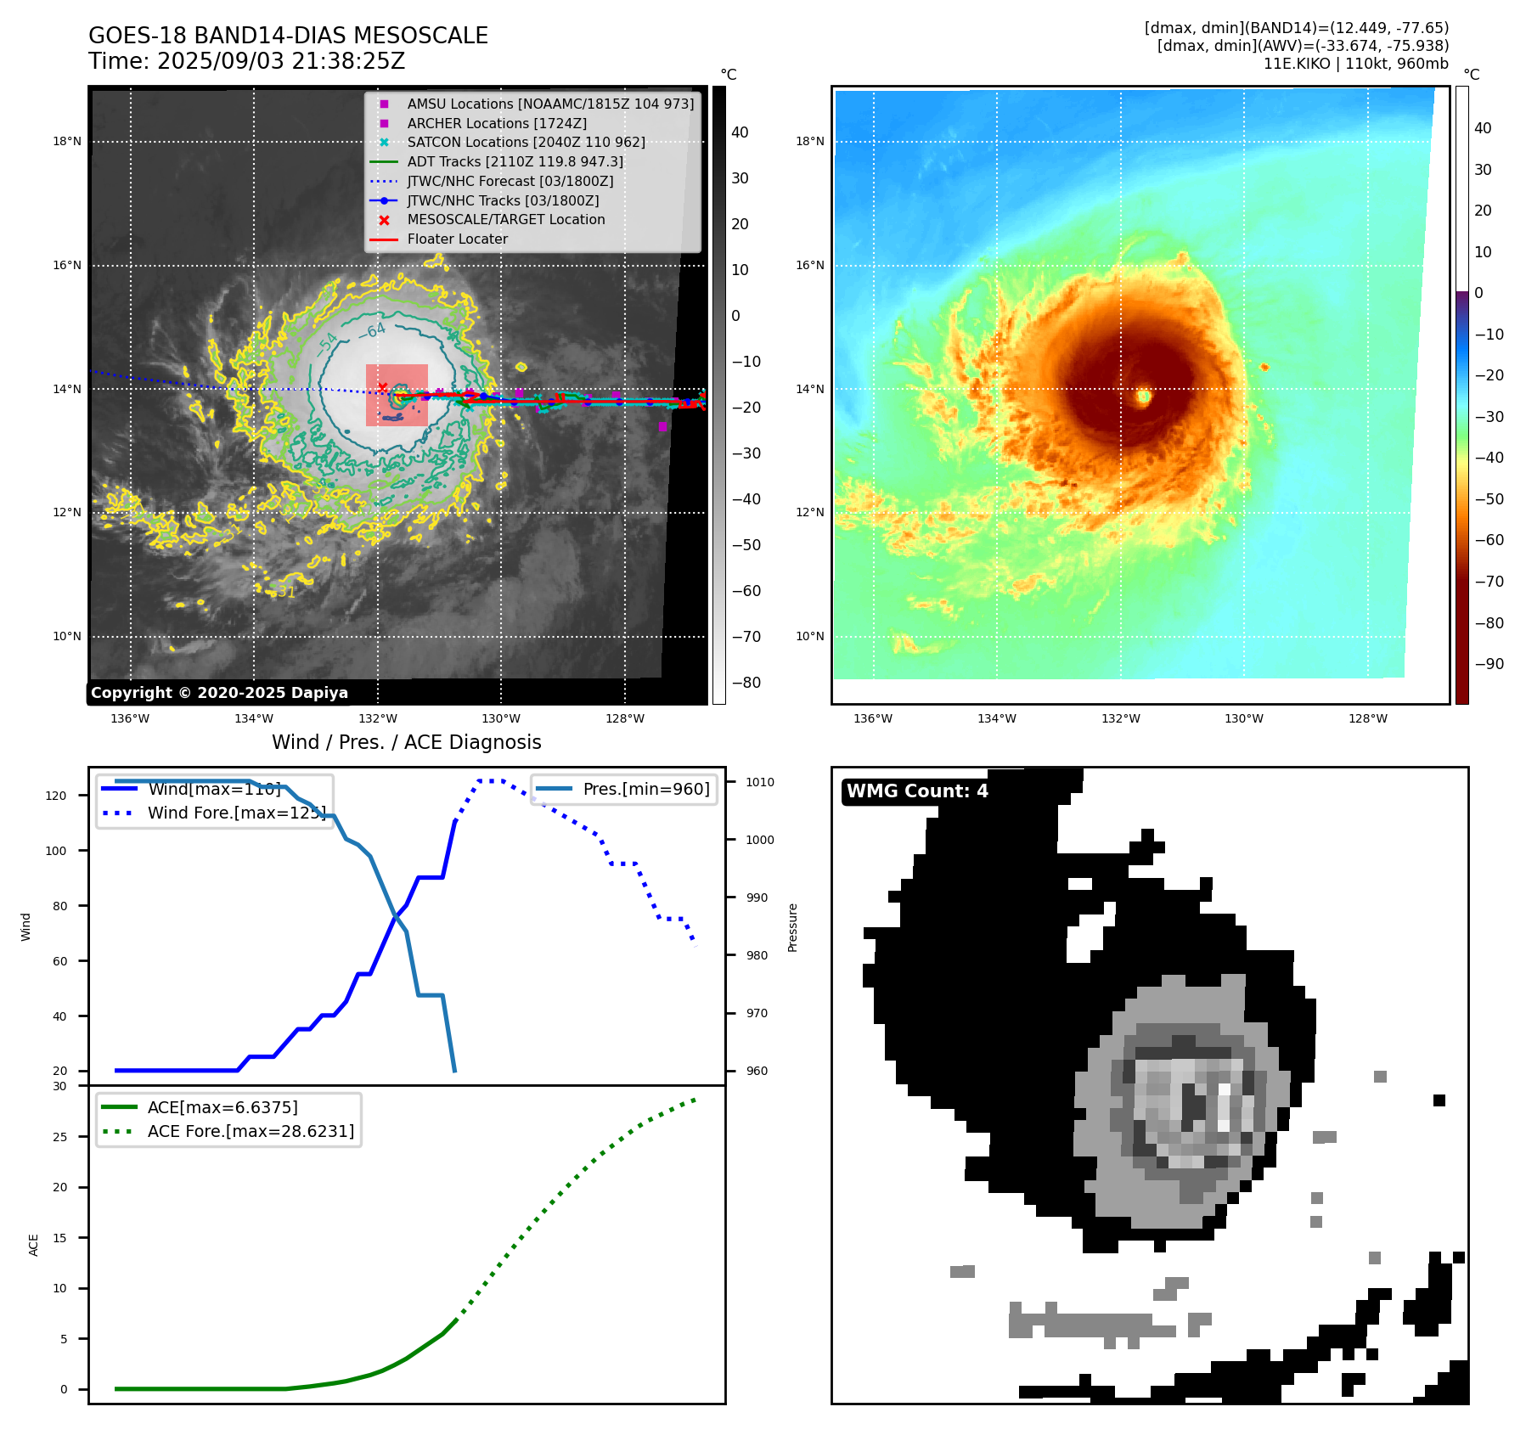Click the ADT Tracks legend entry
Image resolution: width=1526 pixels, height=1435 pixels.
(515, 161)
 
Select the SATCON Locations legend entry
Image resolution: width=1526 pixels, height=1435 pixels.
(526, 142)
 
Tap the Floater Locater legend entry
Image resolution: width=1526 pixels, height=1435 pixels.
(457, 239)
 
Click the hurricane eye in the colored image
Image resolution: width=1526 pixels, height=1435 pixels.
(1144, 396)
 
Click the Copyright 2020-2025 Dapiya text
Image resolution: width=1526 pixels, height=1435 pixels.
(219, 693)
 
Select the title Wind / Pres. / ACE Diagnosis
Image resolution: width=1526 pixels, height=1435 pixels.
(406, 742)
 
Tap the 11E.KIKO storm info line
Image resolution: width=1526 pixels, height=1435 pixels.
(1355, 64)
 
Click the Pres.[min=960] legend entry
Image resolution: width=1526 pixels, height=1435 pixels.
(645, 789)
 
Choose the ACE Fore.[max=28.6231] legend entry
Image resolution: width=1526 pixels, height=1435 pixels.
(251, 1131)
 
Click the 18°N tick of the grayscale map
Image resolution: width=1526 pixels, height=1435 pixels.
(67, 142)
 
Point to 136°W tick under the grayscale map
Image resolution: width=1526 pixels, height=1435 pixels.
(130, 718)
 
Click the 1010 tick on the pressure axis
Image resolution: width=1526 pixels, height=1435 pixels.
(760, 782)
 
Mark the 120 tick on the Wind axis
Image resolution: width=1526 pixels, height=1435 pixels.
(56, 796)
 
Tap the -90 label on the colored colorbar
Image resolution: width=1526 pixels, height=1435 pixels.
(1489, 664)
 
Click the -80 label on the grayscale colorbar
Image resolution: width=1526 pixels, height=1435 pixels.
(746, 683)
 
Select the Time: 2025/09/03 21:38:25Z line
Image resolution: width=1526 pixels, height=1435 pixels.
(247, 61)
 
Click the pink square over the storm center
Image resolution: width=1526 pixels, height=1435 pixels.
(397, 395)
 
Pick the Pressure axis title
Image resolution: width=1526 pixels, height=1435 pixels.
(792, 927)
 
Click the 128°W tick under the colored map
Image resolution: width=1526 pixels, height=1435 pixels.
(1367, 718)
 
